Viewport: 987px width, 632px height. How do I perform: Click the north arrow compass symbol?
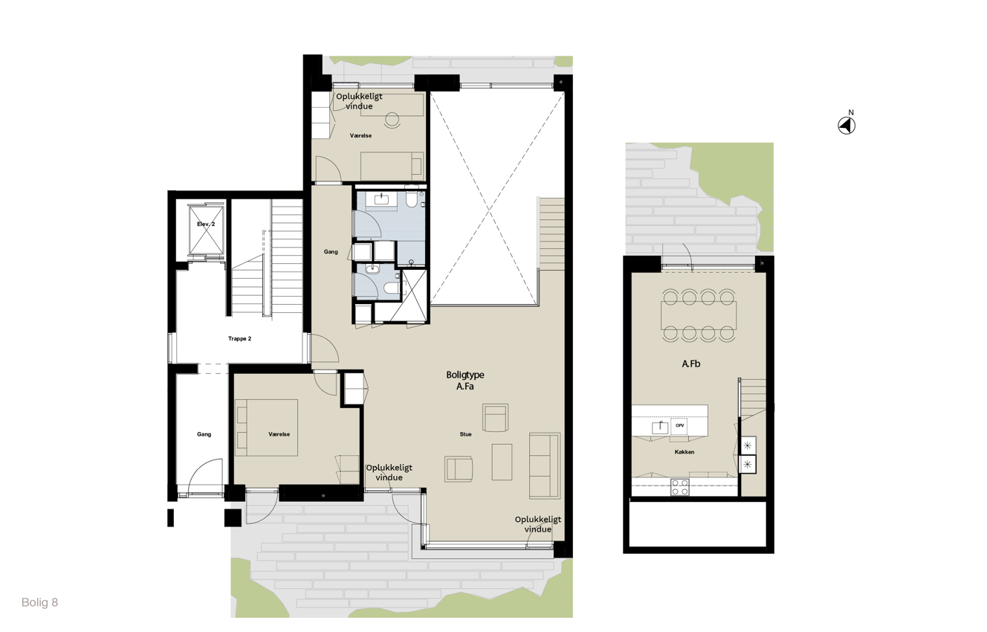[846, 126]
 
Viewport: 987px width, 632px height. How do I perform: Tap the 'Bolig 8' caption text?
[39, 602]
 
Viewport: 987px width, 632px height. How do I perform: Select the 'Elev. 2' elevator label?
[206, 224]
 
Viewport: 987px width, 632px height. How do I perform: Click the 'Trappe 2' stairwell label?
[240, 338]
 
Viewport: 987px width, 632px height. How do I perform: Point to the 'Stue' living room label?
[466, 434]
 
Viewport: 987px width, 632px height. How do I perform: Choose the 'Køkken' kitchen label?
[685, 452]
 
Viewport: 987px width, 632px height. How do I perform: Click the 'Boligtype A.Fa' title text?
[465, 381]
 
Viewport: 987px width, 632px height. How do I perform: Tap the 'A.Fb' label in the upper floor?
[691, 364]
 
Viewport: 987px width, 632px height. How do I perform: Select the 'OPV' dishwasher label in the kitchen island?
[680, 425]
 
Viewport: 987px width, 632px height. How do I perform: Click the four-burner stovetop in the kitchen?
[680, 487]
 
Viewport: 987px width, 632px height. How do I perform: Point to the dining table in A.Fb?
[699, 315]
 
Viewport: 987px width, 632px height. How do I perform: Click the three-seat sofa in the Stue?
[545, 466]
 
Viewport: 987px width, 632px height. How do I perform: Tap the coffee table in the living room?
[502, 462]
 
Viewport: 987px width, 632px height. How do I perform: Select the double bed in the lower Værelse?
[266, 428]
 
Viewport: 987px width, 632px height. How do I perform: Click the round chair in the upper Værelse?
[392, 120]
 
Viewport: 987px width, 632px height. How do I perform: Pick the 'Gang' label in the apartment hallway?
[331, 251]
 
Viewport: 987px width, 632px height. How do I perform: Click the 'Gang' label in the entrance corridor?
[204, 434]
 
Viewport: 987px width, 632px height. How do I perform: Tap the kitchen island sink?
[660, 427]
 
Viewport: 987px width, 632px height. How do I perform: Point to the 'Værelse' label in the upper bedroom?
[361, 136]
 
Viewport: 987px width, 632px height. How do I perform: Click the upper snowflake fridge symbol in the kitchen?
[747, 445]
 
